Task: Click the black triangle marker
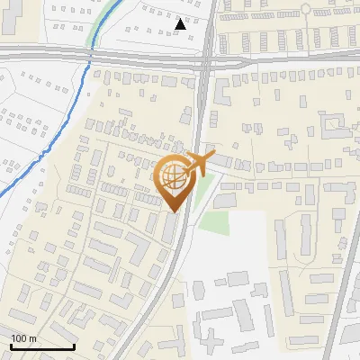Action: (181, 24)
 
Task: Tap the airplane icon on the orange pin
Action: (193, 165)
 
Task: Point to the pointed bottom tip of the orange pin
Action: (173, 212)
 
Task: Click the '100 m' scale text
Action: (23, 338)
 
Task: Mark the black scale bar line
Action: (42, 346)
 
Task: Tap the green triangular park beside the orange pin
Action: (204, 189)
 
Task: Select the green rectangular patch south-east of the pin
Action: (215, 220)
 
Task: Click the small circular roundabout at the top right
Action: (306, 8)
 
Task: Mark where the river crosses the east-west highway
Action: (90, 56)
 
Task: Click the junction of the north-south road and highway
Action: (207, 58)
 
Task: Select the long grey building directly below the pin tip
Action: (171, 229)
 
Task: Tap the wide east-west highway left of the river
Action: (40, 54)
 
